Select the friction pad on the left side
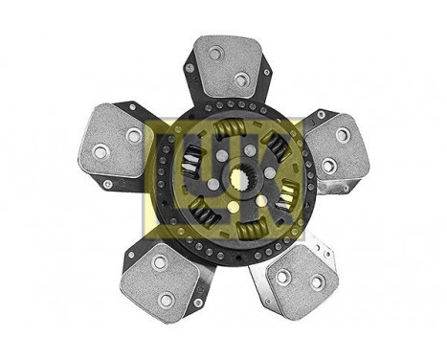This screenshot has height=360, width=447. [116, 144]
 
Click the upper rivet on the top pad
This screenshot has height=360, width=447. [216, 54]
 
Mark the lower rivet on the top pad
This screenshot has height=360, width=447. [241, 79]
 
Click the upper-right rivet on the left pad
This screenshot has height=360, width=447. [133, 136]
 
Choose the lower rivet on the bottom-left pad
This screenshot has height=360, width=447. [167, 299]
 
